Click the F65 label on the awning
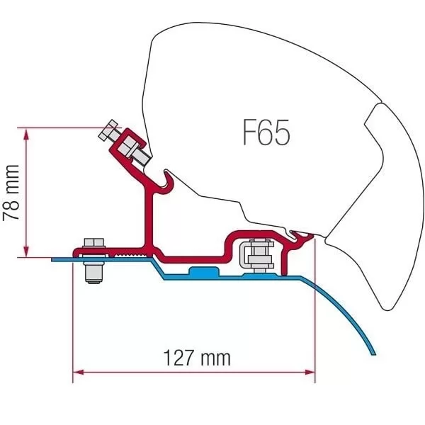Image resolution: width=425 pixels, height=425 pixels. pyautogui.click(x=266, y=132)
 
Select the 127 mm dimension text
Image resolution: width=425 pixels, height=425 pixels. pyautogui.click(x=197, y=358)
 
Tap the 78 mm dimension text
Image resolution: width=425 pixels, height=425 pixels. pyautogui.click(x=11, y=193)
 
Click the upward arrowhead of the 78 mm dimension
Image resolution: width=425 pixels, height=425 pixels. pyautogui.click(x=26, y=135)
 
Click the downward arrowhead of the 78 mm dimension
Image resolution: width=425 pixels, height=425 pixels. pyautogui.click(x=26, y=251)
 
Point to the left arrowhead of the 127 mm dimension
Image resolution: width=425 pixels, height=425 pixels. pyautogui.click(x=78, y=372)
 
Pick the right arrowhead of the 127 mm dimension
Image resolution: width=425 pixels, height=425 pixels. pyautogui.click(x=310, y=372)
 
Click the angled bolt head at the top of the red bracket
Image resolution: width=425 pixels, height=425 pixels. pyautogui.click(x=108, y=130)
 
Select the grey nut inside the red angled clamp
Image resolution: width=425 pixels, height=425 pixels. pyautogui.click(x=127, y=147)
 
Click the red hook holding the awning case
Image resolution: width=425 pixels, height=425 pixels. pyautogui.click(x=167, y=183)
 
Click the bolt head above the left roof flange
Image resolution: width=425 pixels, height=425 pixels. pyautogui.click(x=93, y=243)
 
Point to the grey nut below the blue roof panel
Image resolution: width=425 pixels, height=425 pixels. pyautogui.click(x=93, y=273)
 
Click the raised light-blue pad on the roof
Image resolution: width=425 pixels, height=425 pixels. pyautogui.click(x=203, y=271)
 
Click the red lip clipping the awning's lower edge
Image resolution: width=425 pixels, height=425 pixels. pyautogui.click(x=302, y=237)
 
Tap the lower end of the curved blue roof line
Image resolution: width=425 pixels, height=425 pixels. pyautogui.click(x=373, y=353)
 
